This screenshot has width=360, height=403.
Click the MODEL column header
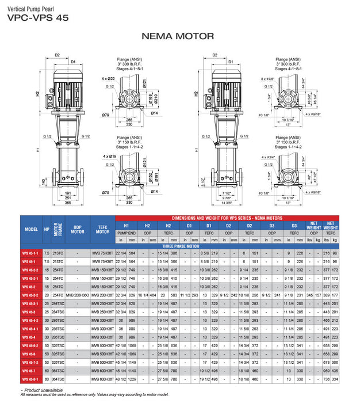point(31,229)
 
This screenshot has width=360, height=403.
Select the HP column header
point(47,229)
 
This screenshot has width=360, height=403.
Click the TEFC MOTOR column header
point(103,229)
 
